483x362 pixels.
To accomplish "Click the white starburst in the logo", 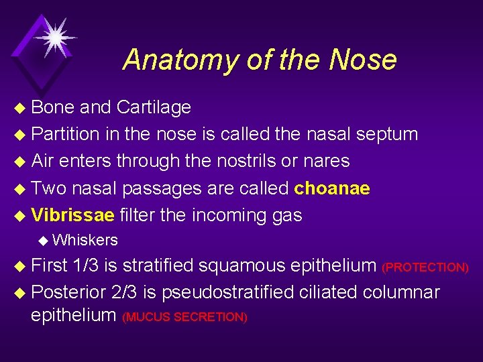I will [x=53, y=36].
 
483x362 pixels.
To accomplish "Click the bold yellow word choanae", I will [x=332, y=188].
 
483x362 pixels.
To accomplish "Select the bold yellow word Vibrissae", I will [x=73, y=215].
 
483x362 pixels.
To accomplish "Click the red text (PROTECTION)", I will [x=425, y=267].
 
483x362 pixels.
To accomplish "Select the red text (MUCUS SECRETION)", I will [x=185, y=317].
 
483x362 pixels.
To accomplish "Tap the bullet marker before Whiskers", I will [x=44, y=241].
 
